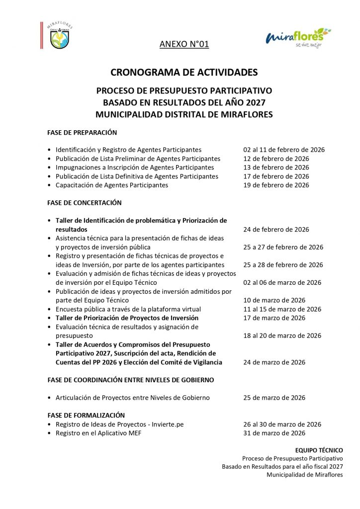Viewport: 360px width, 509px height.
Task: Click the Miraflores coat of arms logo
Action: click(x=59, y=36)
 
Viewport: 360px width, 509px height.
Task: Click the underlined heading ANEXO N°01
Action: click(x=184, y=45)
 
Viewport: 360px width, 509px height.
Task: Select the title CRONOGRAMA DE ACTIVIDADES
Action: click(x=184, y=73)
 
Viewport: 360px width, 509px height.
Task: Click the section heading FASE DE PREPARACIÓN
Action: click(x=82, y=133)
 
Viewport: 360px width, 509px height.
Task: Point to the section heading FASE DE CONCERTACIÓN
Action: click(x=85, y=203)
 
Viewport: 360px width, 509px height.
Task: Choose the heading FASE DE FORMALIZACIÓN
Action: click(x=86, y=415)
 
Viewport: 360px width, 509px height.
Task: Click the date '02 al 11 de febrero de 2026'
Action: click(x=284, y=150)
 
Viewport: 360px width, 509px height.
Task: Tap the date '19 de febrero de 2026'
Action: click(x=276, y=185)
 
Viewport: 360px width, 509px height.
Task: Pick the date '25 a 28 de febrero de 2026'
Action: click(x=283, y=265)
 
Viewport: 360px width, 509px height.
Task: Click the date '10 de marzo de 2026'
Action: click(x=274, y=300)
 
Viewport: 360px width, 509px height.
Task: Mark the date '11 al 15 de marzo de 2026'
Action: click(x=282, y=309)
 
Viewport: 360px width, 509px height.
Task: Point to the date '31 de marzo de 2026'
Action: click(x=274, y=433)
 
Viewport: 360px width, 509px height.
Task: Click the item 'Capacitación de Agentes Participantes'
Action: click(x=112, y=185)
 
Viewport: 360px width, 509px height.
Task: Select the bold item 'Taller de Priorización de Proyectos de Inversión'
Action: click(x=127, y=318)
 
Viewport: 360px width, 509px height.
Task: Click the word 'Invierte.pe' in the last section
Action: click(x=167, y=424)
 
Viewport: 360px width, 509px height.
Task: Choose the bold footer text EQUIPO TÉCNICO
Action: click(x=326, y=450)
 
